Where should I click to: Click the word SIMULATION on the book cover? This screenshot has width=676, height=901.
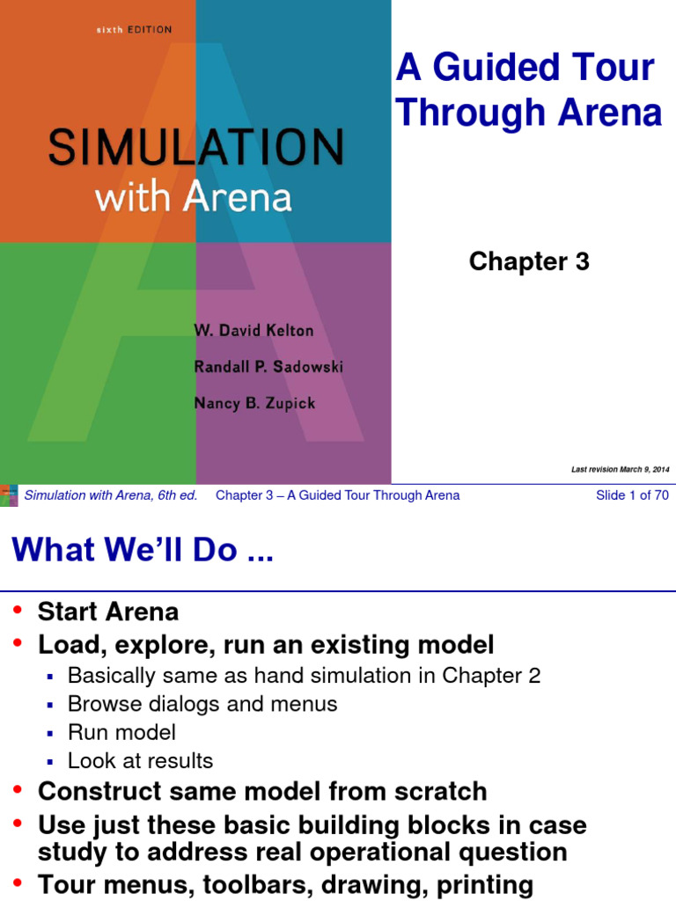coord(195,148)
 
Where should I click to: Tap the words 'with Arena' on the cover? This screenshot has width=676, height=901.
coord(194,197)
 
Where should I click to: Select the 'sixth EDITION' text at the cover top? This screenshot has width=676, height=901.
coord(134,31)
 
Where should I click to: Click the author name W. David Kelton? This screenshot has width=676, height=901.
coord(253,331)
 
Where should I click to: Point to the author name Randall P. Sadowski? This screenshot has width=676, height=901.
coord(268,367)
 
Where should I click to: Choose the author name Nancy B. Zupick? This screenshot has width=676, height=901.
coord(254,403)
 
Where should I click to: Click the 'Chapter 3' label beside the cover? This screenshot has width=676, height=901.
coord(529,261)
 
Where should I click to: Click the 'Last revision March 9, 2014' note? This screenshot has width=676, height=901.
coord(621,470)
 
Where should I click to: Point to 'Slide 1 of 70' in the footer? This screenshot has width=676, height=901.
coord(632,495)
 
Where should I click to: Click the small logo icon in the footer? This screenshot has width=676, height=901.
coord(9,494)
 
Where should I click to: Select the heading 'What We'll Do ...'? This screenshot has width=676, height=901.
coord(143,551)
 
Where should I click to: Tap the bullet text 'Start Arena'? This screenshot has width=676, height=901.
coord(107,612)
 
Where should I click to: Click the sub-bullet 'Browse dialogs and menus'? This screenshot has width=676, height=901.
coord(202,704)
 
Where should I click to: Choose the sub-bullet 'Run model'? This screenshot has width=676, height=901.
coord(121,732)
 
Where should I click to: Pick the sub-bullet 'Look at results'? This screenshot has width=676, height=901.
coord(140,760)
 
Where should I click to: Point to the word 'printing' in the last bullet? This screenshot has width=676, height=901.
coord(477,884)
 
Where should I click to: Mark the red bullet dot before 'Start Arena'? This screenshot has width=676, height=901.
coord(18,610)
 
